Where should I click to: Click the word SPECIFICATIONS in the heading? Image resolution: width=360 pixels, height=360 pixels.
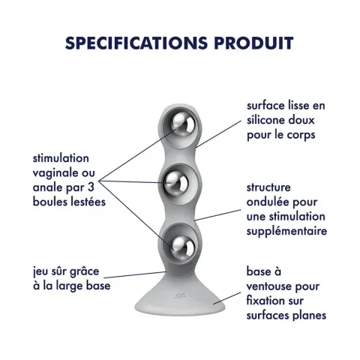click(x=136, y=43)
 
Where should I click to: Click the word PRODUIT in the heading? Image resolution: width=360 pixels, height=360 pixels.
click(x=253, y=43)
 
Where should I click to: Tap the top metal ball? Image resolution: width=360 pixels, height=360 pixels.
click(x=183, y=124)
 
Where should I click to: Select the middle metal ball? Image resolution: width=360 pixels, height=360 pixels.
click(x=176, y=181)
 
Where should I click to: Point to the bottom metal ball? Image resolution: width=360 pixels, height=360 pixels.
click(x=183, y=247)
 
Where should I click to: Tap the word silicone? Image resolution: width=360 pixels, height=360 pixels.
click(x=265, y=120)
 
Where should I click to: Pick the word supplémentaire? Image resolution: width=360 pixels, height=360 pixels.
click(x=286, y=231)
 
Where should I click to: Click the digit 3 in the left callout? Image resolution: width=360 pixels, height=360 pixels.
click(x=91, y=187)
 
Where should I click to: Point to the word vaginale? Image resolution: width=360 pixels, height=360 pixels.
click(x=50, y=173)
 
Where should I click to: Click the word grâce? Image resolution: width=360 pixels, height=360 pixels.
click(x=84, y=271)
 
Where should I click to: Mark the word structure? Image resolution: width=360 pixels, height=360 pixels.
click(x=268, y=187)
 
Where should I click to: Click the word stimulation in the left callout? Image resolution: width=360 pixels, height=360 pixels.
click(x=61, y=158)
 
